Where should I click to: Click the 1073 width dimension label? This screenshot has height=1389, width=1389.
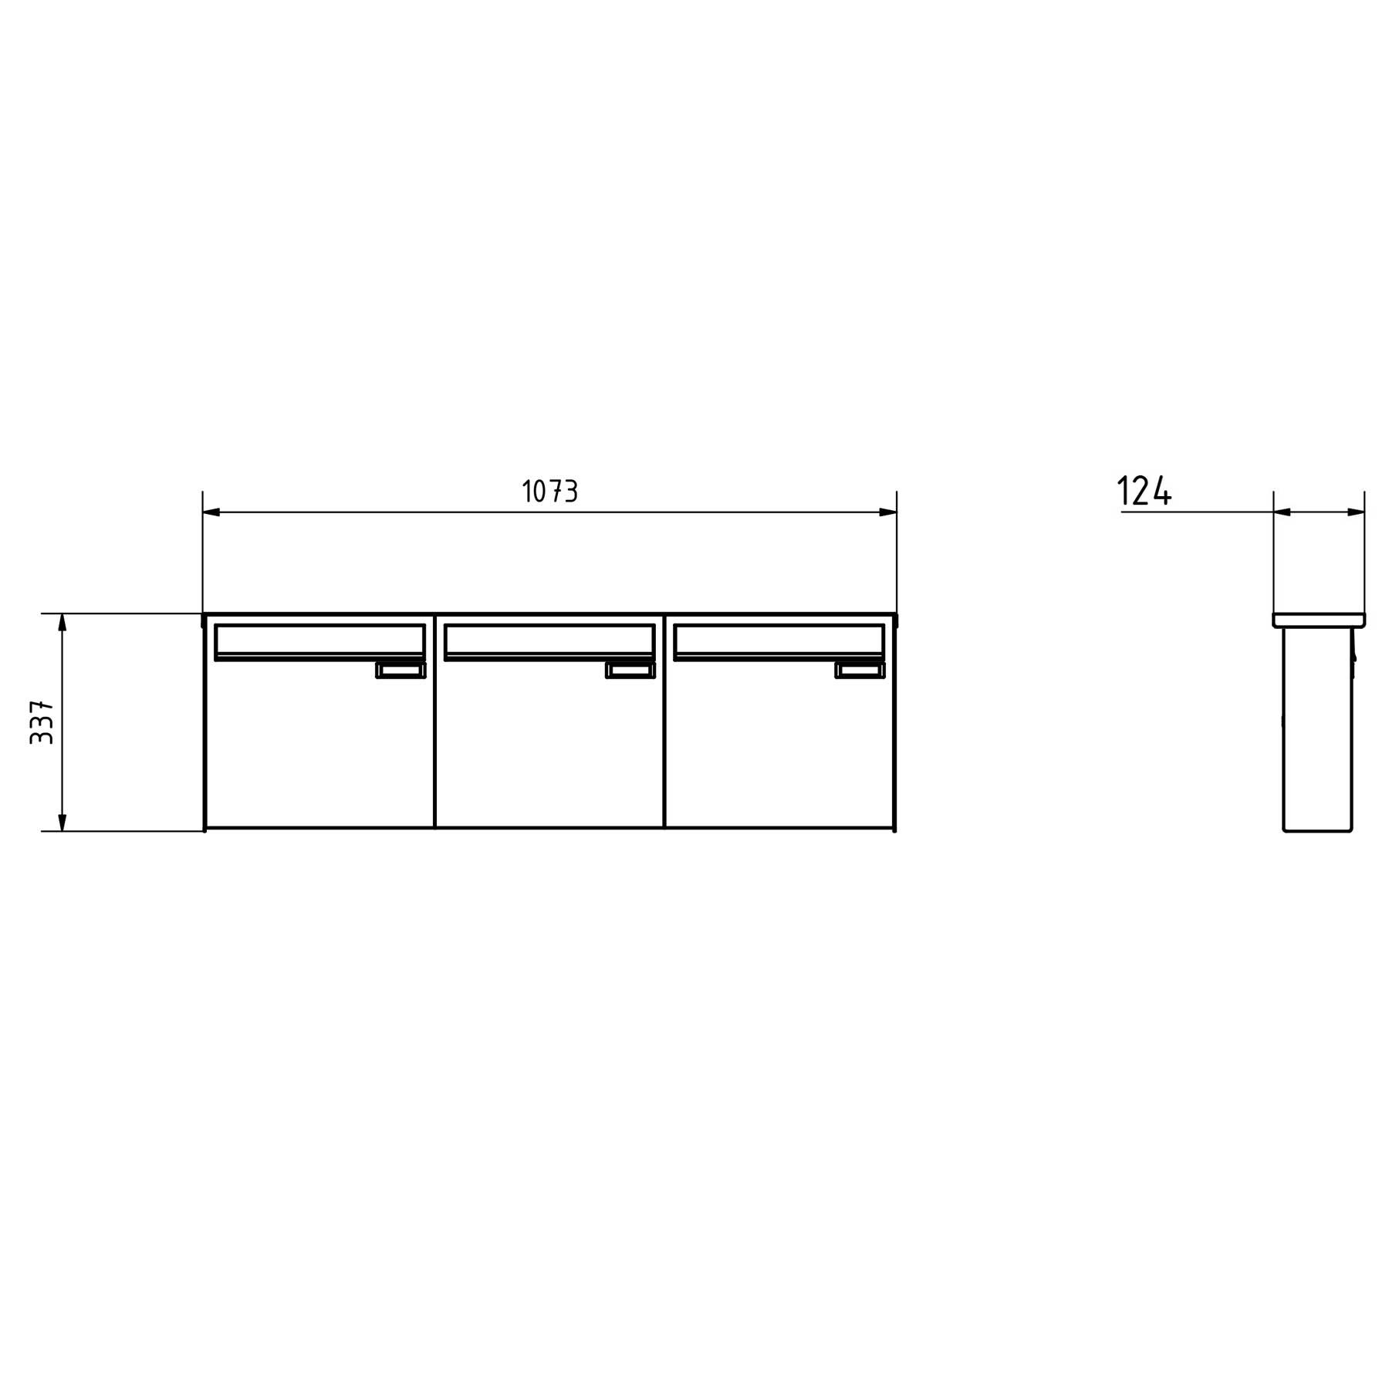pos(549,491)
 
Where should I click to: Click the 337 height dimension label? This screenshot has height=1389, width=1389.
pos(42,722)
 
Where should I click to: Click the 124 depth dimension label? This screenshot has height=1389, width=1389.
pos(1144,491)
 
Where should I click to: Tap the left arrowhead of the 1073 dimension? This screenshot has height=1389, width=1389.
pos(211,512)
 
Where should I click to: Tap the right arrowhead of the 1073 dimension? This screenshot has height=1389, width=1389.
pos(888,512)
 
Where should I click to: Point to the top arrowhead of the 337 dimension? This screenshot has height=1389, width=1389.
pos(63,623)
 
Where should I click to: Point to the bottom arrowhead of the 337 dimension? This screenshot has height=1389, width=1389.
pos(63,822)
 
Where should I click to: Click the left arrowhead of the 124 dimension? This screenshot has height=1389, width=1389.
pos(1283,512)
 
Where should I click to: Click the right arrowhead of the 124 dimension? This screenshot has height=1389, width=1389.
pos(1356,512)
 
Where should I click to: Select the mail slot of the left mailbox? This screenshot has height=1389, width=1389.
pos(319,642)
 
